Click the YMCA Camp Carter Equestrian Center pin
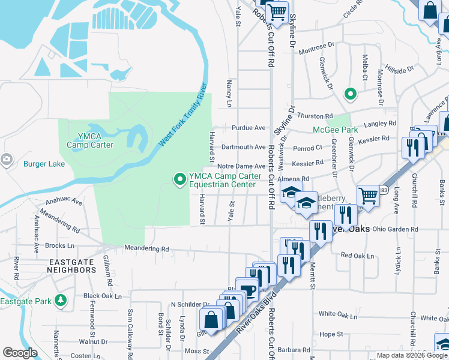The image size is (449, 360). pos(179,179)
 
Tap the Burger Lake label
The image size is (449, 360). pos(43,163)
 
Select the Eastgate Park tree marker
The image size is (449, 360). pos(60,299)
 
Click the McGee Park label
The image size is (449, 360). pos(335,130)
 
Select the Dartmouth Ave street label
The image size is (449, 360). pos(243,147)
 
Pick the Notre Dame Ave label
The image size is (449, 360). pos(241,166)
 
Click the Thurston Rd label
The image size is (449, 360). pos(315,116)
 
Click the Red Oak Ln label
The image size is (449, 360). pos(357,256)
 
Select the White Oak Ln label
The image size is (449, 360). pos(339,314)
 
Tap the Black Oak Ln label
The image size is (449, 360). pos(103,296)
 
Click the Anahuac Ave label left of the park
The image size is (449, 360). pos(61,203)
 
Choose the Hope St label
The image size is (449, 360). pos(331,334)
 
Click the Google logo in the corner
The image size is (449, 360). pos(20,353)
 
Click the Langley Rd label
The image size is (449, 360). pos(384,123)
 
